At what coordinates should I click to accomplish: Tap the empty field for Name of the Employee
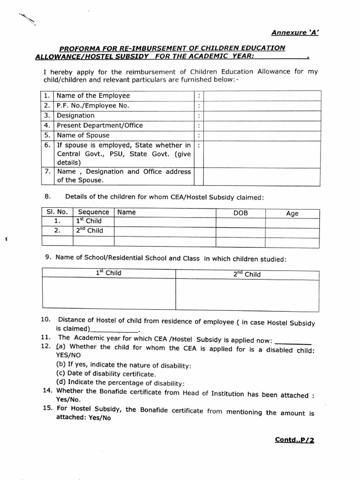(x=263, y=96)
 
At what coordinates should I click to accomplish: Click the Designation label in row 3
(x=75, y=115)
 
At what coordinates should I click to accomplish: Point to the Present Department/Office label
(x=100, y=125)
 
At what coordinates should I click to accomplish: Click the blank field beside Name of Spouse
(x=263, y=135)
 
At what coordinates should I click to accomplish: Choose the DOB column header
(x=240, y=213)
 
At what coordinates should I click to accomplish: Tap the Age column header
(x=292, y=213)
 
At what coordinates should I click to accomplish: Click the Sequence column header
(x=93, y=212)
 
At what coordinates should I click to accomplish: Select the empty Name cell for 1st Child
(x=165, y=221)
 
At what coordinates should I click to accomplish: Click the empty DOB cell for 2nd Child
(x=240, y=231)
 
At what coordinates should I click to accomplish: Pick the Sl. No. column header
(x=57, y=212)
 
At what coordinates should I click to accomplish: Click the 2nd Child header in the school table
(x=247, y=274)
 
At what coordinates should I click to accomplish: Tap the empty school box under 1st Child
(x=109, y=294)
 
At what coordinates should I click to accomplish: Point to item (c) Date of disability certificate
(x=106, y=374)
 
